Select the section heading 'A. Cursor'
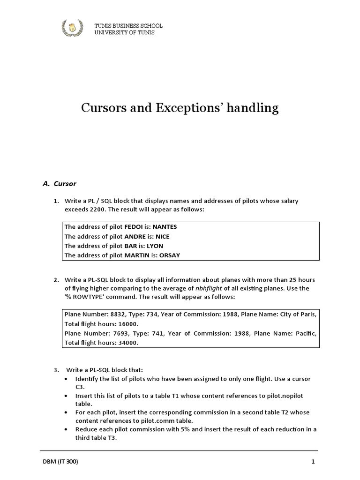[x=59, y=184]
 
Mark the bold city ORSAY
[x=169, y=255]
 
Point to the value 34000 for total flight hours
[x=129, y=343]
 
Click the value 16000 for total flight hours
[x=129, y=324]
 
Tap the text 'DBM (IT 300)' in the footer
[x=60, y=462]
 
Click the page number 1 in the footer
[x=313, y=462]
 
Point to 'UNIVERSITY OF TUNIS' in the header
[x=124, y=33]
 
